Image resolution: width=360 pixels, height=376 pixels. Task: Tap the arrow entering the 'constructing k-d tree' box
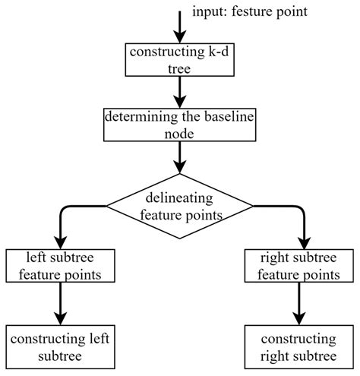[x=180, y=27]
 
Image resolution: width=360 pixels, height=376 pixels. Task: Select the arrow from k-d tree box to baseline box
[x=180, y=91]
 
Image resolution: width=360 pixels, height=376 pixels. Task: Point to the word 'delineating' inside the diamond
[x=179, y=199]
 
